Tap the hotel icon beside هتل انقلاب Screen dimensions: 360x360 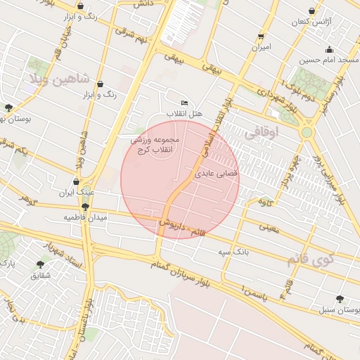[x=185, y=103]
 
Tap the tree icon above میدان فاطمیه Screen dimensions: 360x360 [x=85, y=207]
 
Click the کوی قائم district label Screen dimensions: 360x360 [x=307, y=260]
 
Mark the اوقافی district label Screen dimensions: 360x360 [x=262, y=131]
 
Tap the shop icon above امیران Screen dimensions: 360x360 [x=261, y=36]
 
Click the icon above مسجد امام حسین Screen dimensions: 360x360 [x=328, y=49]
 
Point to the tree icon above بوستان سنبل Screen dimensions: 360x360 [x=340, y=298]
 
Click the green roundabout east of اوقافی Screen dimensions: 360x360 [x=307, y=131]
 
